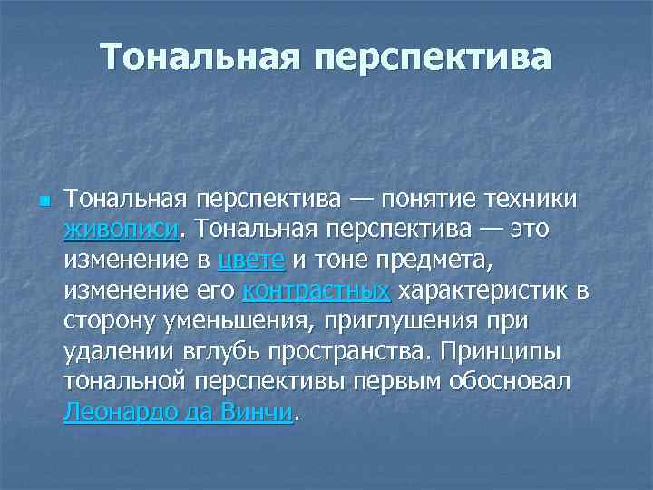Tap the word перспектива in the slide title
(433, 56)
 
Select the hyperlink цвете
(251, 260)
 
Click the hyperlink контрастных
(317, 291)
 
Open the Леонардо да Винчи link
(179, 412)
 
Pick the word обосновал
(515, 382)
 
